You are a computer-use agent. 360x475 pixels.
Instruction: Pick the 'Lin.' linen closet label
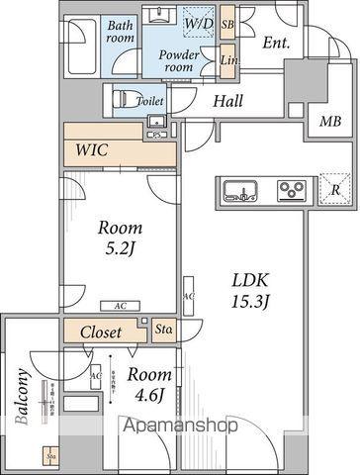(x=227, y=60)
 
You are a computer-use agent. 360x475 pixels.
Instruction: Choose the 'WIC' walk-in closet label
(x=93, y=151)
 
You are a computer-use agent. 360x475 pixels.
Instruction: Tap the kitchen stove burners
(x=291, y=189)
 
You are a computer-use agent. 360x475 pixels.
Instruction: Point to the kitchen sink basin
(x=241, y=189)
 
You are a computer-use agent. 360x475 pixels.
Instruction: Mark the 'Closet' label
(x=101, y=332)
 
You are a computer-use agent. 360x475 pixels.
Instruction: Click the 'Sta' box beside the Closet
(x=164, y=330)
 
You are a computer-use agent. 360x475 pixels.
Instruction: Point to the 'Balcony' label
(x=22, y=396)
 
